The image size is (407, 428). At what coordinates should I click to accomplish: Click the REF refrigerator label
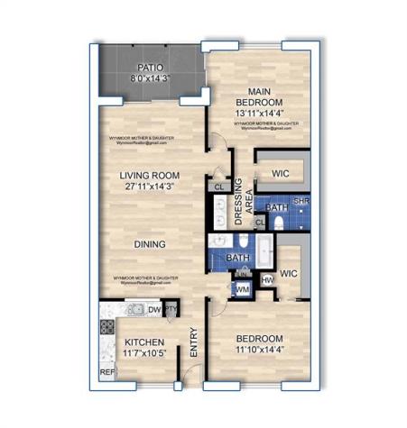(106, 371)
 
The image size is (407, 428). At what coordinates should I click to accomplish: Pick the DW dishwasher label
(154, 310)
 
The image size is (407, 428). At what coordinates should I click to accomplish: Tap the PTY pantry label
(170, 310)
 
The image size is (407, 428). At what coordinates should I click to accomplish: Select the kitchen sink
(134, 310)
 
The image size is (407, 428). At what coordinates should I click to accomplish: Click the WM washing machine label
(242, 289)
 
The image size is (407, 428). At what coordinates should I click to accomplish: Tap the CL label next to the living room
(218, 187)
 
